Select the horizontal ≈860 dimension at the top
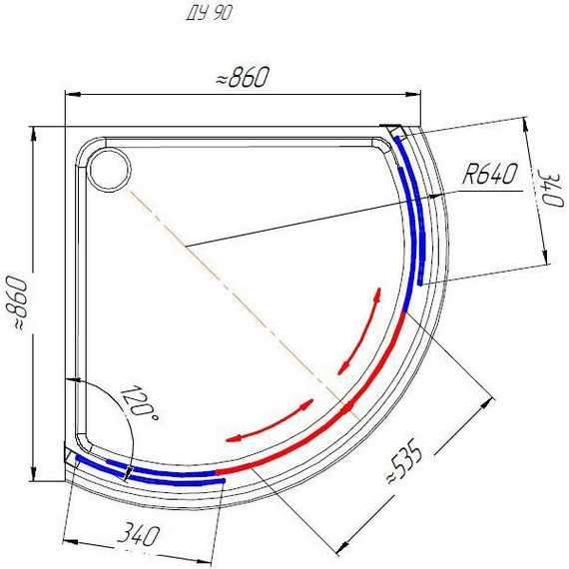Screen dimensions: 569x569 (x=243, y=81)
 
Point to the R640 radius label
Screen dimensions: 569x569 (x=488, y=176)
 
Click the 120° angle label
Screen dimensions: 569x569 (x=139, y=404)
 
